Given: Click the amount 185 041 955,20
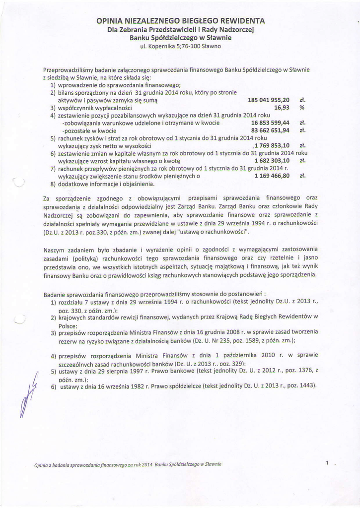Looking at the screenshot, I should (x=268, y=100).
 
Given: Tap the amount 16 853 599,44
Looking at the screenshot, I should (x=270, y=123).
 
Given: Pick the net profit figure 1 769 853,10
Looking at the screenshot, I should (x=272, y=145).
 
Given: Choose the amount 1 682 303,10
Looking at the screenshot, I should (x=272, y=161).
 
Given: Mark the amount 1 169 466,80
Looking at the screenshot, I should (x=272, y=176).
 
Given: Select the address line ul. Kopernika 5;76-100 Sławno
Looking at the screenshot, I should (x=181, y=46).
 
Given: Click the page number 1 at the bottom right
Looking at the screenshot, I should (x=328, y=463).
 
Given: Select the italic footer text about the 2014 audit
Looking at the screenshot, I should (x=128, y=464).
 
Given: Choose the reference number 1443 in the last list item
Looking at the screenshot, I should (x=303, y=386).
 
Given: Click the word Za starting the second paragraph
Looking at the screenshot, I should (x=47, y=199).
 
